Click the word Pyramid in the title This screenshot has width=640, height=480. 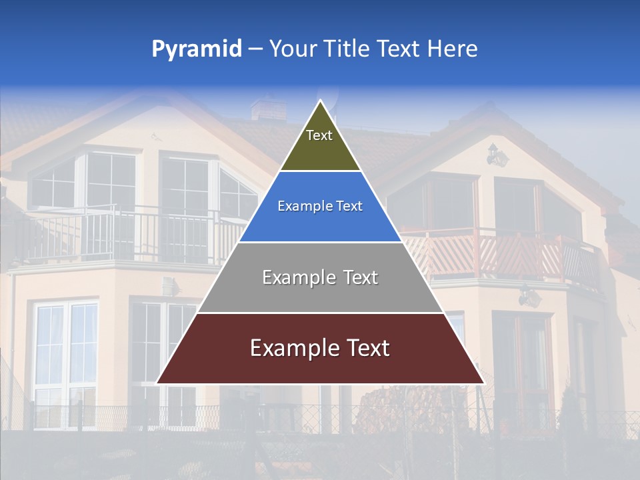197,49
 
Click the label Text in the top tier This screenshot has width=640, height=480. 319,135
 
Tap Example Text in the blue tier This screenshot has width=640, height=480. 320,206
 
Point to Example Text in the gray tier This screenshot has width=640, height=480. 320,277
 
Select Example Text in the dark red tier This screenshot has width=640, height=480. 320,348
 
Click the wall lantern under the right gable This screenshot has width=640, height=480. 497,155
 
